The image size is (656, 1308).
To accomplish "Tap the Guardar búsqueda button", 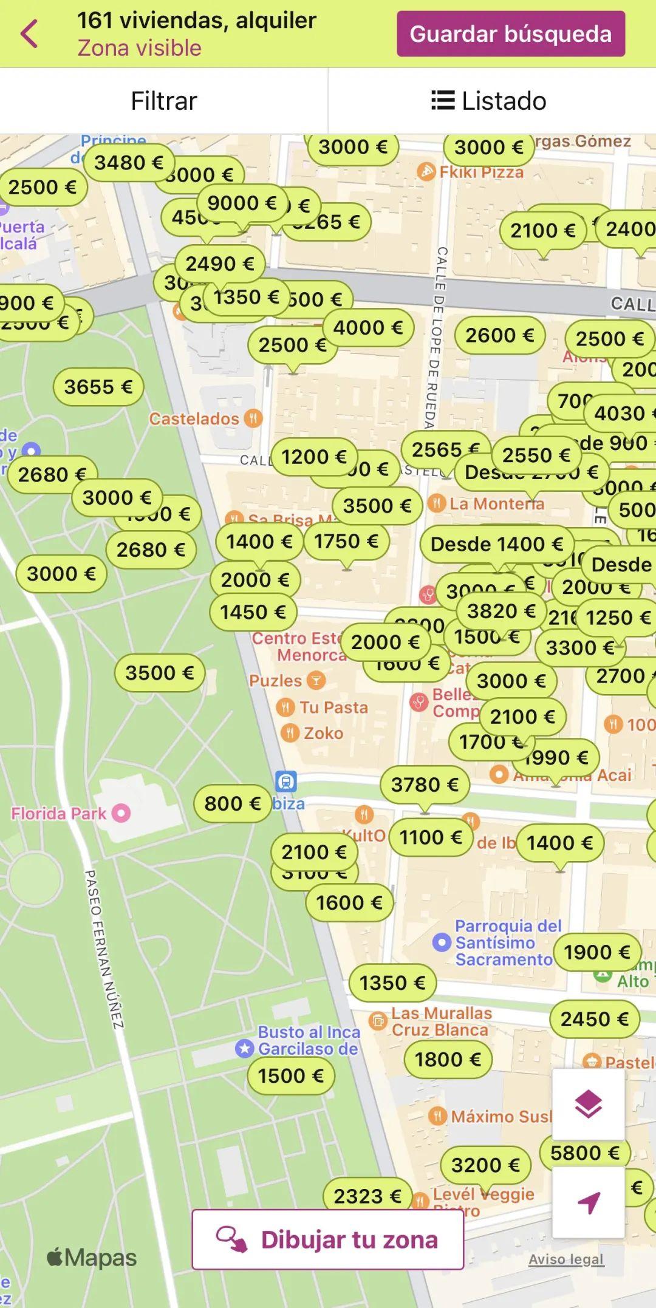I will [510, 34].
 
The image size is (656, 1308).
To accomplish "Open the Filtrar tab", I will [164, 101].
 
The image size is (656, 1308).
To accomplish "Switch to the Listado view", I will [489, 101].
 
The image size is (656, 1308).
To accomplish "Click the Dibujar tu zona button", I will [328, 1239].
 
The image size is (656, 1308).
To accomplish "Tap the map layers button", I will [588, 1104].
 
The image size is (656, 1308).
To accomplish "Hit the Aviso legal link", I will [566, 1259].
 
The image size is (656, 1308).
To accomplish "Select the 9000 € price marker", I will [242, 203].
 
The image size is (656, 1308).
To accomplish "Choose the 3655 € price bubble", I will [98, 387].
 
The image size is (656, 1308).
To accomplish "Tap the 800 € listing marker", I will [232, 804].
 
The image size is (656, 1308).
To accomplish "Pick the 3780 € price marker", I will [425, 785].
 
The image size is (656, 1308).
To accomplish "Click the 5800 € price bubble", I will [584, 1153].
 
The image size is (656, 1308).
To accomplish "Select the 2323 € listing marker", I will [367, 1196].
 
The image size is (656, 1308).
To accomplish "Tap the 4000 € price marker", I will [368, 328].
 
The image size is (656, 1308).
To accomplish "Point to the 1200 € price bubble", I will [313, 457].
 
